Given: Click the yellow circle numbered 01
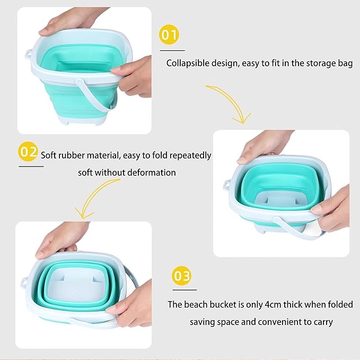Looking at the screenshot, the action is click(169, 34).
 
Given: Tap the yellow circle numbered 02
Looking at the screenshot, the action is click(28, 152).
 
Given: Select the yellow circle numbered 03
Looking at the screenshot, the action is click(182, 276).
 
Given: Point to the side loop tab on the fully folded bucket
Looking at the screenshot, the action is click(24, 282).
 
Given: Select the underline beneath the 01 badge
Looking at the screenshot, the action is click(172, 50).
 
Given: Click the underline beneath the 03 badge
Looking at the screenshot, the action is click(185, 290).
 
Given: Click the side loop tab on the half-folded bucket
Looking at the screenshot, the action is click(226, 185).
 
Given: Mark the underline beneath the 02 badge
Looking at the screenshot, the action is click(31, 166).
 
